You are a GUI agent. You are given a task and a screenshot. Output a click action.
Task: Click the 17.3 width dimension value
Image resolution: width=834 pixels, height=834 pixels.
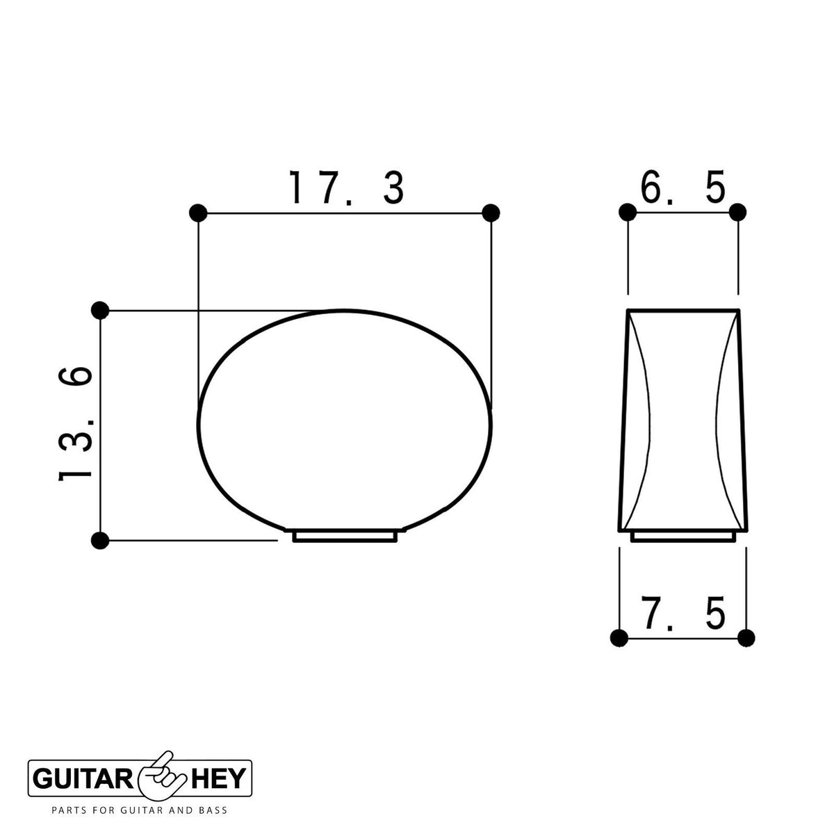347,188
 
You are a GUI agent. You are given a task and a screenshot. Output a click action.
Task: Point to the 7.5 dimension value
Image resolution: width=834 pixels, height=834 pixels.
683,613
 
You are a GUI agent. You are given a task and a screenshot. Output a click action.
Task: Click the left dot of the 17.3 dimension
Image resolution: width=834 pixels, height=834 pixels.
198,213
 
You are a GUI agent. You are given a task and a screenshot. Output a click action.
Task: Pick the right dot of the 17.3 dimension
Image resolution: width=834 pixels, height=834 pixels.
491,213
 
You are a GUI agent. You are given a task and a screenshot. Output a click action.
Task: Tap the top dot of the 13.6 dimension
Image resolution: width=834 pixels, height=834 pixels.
100,310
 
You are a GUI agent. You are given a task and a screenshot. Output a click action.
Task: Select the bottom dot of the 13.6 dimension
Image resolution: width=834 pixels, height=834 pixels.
100,541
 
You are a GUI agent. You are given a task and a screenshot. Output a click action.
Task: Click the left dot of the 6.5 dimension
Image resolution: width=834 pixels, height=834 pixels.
628,213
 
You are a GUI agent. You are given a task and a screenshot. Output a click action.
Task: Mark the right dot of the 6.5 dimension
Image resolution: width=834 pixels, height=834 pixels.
737,213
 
